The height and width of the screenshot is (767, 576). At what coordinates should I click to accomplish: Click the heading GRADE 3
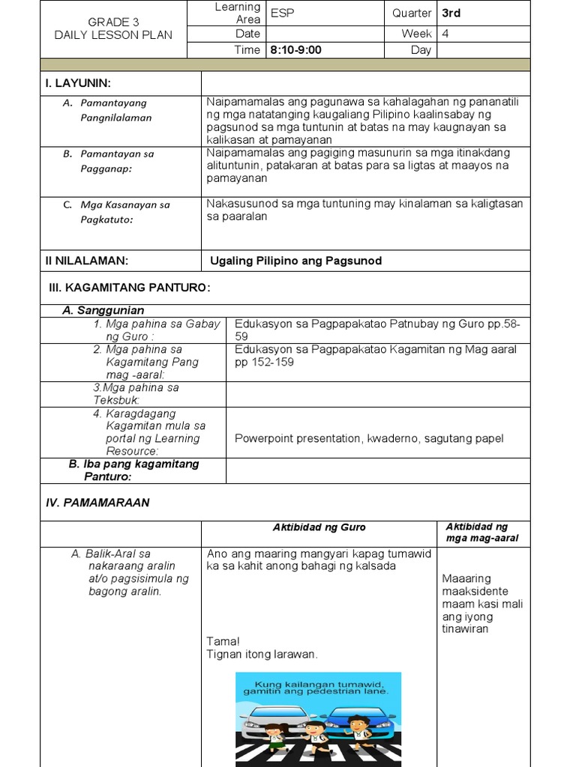tap(113, 22)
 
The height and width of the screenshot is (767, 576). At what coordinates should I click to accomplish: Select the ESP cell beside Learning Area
tap(283, 13)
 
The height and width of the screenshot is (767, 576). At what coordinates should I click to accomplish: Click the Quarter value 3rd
tap(451, 13)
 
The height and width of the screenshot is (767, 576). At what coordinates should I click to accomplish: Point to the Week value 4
tap(445, 33)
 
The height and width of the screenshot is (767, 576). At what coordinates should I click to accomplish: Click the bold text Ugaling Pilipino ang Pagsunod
tap(296, 261)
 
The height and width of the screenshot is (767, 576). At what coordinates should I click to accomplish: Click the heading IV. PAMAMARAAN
tap(97, 503)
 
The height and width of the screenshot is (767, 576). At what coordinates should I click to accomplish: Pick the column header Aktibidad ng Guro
tap(319, 528)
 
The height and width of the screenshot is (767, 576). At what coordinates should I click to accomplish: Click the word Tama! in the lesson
tap(223, 641)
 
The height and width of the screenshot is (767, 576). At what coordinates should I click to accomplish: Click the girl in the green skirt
tap(276, 738)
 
